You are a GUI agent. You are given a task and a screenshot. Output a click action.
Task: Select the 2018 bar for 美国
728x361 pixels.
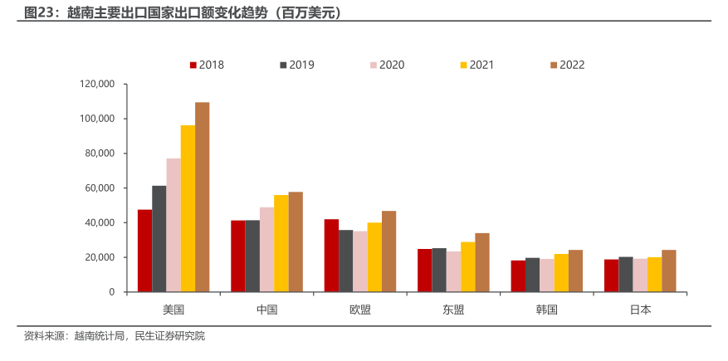pos(144,251)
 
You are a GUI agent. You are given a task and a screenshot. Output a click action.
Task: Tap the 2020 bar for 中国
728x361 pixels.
pos(266,250)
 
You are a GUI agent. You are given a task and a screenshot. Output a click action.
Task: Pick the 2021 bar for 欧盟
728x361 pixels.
pos(374,257)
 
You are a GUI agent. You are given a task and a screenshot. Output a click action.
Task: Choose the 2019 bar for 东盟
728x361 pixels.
pos(439,270)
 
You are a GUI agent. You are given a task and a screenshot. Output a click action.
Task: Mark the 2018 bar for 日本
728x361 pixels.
pos(611,276)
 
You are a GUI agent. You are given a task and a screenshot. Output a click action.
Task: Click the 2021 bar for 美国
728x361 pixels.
pos(188,208)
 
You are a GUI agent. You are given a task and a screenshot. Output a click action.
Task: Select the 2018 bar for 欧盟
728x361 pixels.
pos(331,256)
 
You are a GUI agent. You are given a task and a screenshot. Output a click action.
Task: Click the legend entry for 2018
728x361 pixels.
pos(207,65)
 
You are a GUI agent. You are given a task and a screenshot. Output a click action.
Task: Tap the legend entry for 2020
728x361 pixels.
pos(387,65)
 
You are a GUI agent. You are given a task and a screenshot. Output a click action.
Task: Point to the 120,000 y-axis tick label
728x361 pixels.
pos(96,84)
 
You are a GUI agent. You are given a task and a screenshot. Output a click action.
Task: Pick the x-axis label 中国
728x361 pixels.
pos(266,310)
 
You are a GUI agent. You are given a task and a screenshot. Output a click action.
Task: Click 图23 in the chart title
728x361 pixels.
pos(39,12)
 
